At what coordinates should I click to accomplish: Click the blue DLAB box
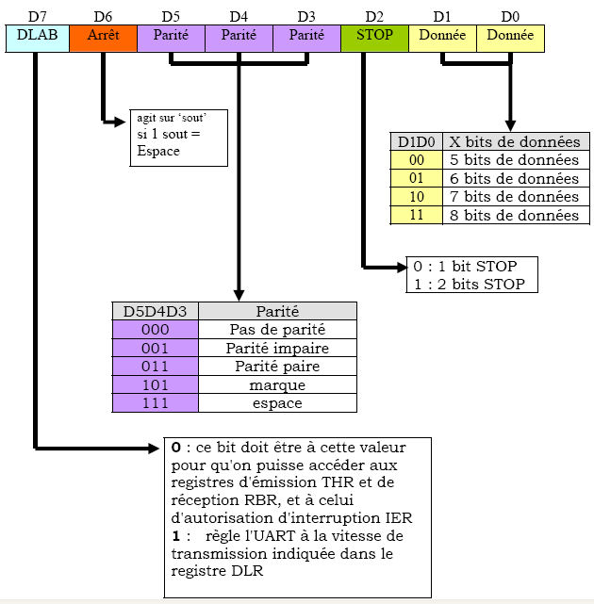pyautogui.click(x=37, y=37)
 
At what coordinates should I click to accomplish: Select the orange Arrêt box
pyautogui.click(x=103, y=37)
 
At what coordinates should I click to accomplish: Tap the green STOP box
pyautogui.click(x=374, y=37)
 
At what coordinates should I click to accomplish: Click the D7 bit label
pyautogui.click(x=37, y=15)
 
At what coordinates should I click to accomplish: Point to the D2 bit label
pyautogui.click(x=374, y=15)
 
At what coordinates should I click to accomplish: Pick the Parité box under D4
pyautogui.click(x=239, y=37)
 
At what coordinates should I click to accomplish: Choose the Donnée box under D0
pyautogui.click(x=510, y=37)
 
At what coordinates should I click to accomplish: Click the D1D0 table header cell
pyautogui.click(x=417, y=142)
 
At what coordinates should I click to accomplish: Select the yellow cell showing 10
pyautogui.click(x=417, y=197)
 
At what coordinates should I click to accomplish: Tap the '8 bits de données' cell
pyautogui.click(x=514, y=215)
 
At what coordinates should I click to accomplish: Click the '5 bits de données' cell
pyautogui.click(x=514, y=160)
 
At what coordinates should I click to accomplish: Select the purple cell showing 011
pyautogui.click(x=155, y=367)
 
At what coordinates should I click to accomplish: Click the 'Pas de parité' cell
pyautogui.click(x=277, y=330)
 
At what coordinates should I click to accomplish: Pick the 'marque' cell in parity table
pyautogui.click(x=277, y=384)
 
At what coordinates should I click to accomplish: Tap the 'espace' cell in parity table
pyautogui.click(x=277, y=403)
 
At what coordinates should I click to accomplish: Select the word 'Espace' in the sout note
pyautogui.click(x=157, y=152)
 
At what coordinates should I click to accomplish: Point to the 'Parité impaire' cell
pyautogui.click(x=277, y=349)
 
